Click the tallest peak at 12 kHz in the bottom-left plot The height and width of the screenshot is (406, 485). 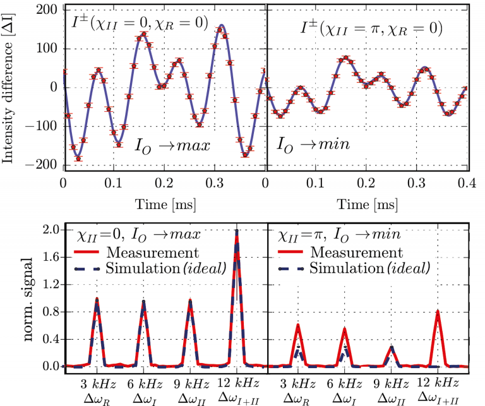[x=237, y=232]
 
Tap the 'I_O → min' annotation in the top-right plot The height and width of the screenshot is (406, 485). [x=314, y=144]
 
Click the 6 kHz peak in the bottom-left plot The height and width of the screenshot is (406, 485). [x=143, y=302]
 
